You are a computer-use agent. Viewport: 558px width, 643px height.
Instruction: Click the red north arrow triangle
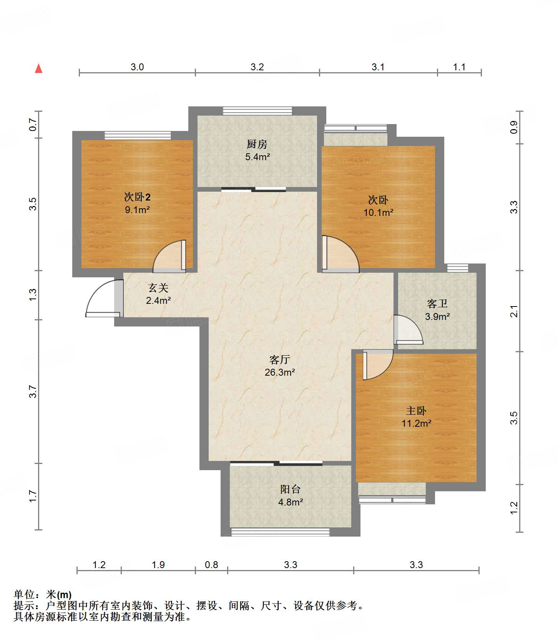coord(38,68)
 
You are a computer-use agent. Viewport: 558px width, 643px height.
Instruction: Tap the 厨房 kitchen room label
coord(257,144)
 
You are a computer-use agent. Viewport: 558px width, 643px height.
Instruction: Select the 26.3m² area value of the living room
coord(280,372)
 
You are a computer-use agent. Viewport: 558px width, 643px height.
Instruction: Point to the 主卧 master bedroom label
coord(416,411)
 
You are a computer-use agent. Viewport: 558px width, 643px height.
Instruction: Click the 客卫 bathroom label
coord(437,304)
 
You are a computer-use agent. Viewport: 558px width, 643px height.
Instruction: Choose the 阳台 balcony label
coord(291,489)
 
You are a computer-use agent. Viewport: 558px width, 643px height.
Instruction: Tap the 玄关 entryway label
coord(158,288)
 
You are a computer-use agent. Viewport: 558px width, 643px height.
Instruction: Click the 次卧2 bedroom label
coord(137,197)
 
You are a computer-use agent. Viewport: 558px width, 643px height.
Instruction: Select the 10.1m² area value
coord(379,212)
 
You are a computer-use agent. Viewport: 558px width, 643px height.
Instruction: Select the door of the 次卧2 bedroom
coord(169,256)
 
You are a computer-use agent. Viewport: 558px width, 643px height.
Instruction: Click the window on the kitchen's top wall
coord(257,111)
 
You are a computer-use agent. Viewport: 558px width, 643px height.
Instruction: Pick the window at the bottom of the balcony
coord(280,532)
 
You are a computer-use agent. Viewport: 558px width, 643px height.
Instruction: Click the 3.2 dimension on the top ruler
coord(257,67)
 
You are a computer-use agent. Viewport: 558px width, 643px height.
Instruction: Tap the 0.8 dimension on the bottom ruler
coord(211,565)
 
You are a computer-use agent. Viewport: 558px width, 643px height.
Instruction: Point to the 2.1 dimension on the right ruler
coord(514,311)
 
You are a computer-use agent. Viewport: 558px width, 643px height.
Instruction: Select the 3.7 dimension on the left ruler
coord(33,391)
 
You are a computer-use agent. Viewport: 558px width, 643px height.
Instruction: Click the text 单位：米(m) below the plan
coord(43,595)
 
